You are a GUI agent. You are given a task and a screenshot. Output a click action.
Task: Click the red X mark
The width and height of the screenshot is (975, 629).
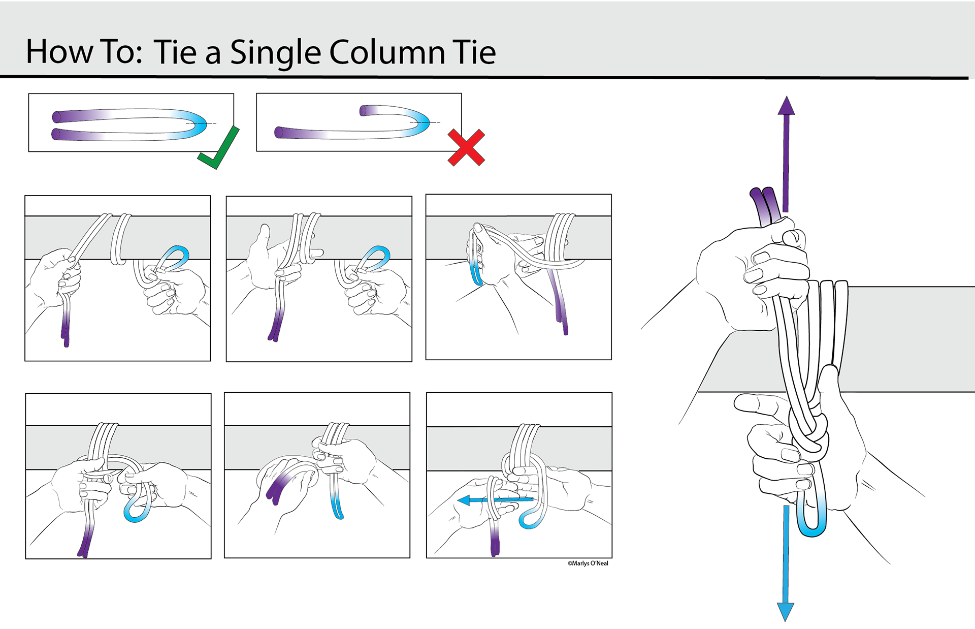pyautogui.click(x=466, y=148)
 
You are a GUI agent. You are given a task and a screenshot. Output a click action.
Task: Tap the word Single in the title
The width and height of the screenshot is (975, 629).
pyautogui.click(x=275, y=53)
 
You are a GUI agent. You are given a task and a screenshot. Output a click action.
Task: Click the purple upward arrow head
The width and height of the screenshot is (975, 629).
pyautogui.click(x=786, y=106)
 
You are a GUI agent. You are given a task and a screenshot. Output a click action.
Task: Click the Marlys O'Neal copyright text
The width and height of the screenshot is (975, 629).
pyautogui.click(x=588, y=563)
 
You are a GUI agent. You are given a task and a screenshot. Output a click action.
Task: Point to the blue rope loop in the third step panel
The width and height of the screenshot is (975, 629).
pyautogui.click(x=476, y=274)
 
